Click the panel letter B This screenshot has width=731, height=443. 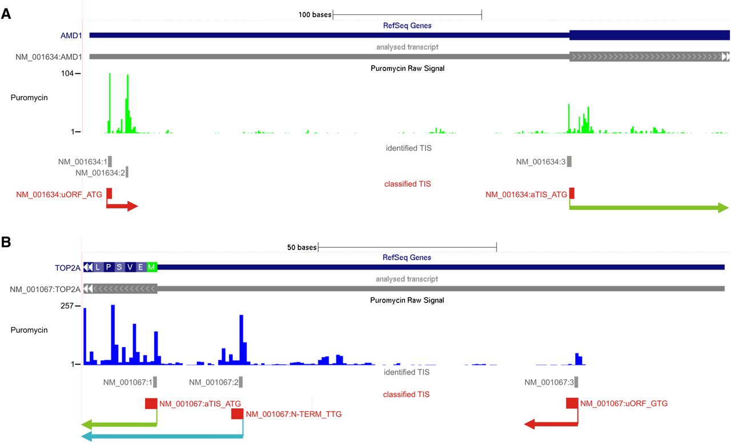tap(6, 242)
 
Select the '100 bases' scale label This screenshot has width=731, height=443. tap(315, 14)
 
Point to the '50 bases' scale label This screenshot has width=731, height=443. tap(302, 248)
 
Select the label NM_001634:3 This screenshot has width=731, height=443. tap(541, 162)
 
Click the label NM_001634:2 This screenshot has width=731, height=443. tap(100, 172)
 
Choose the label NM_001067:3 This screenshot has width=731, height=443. tap(549, 382)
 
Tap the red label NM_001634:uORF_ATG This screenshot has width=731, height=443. tap(59, 195)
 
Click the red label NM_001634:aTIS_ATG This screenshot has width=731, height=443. tap(527, 195)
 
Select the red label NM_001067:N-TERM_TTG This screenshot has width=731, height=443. tap(294, 414)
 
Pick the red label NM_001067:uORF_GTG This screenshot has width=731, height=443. tap(624, 404)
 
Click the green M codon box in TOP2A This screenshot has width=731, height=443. tap(151, 267)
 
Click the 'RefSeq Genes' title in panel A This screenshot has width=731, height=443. tap(407, 26)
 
